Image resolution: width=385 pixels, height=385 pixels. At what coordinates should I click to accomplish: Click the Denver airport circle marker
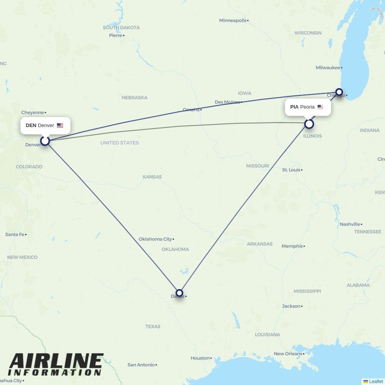pos(45,141)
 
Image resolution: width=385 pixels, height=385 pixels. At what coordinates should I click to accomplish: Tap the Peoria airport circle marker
pos(309,124)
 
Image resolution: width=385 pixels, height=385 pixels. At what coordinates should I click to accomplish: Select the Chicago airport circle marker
pos(339,92)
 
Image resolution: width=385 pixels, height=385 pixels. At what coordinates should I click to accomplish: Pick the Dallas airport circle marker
pos(179,293)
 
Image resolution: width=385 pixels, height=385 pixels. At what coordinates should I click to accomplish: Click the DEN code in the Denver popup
pos(31,126)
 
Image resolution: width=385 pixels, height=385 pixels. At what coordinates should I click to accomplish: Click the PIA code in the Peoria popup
pos(294,107)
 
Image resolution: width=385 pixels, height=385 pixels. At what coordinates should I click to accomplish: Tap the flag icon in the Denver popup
pos(60,126)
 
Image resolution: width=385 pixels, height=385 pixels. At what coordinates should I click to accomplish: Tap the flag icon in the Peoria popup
pos(320,107)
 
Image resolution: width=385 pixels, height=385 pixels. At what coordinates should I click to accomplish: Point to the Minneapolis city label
pos(233,20)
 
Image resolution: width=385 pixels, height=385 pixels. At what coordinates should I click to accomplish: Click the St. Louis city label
pos(291,170)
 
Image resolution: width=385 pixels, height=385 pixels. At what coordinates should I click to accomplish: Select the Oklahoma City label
pos(155,239)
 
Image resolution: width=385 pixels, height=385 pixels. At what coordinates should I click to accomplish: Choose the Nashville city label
pos(350,224)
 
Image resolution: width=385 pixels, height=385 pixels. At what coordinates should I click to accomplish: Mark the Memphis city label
pos(292,246)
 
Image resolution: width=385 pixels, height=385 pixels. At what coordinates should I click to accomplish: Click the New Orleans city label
pos(288,353)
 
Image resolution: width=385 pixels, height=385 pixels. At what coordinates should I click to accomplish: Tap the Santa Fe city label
pos(15,234)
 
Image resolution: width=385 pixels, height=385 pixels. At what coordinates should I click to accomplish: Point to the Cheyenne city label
pos(32,112)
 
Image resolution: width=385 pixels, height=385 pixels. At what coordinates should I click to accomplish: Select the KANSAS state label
pos(152,177)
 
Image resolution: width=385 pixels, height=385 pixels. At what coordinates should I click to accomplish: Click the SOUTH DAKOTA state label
pos(121,28)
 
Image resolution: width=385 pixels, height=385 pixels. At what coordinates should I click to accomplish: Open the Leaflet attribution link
pos(376,382)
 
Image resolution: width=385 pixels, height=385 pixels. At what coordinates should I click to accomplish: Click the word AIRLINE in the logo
pos(56,361)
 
